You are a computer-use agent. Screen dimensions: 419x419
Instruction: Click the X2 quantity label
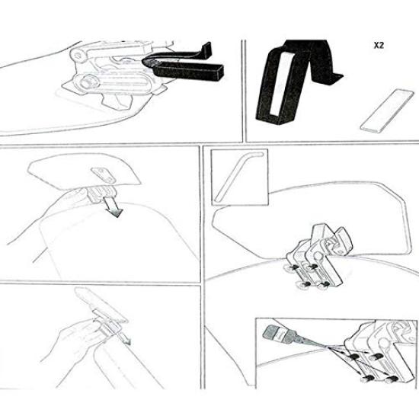point(378,45)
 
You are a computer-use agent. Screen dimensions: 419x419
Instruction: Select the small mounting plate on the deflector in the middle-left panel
point(101,174)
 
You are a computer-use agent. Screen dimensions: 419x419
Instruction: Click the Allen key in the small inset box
point(237,176)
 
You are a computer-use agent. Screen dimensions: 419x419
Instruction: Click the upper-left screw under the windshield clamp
point(292,270)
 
